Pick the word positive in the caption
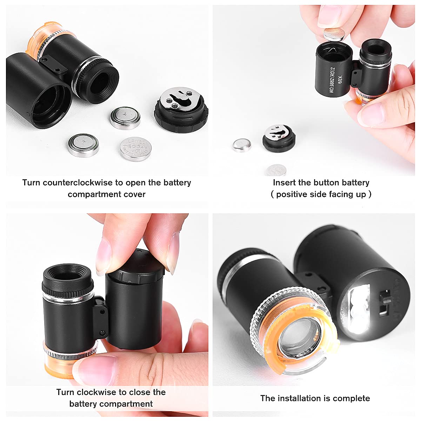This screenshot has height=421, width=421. [x=292, y=194]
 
